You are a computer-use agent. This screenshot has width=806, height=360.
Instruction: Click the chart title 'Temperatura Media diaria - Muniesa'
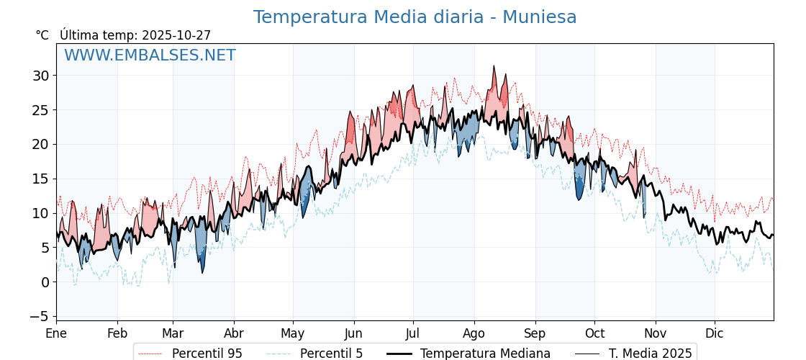click(x=415, y=17)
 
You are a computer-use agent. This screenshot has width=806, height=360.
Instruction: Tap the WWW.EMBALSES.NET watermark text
click(x=150, y=55)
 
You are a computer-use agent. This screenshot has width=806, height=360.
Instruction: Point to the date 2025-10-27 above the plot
click(x=176, y=35)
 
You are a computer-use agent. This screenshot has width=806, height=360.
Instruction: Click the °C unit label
click(x=42, y=35)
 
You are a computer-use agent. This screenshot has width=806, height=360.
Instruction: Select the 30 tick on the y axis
click(x=40, y=76)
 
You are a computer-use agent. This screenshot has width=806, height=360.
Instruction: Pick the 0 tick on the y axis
click(x=45, y=282)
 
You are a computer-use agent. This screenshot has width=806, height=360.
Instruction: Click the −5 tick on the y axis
click(x=40, y=317)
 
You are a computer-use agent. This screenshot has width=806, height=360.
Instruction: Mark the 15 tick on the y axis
click(x=40, y=179)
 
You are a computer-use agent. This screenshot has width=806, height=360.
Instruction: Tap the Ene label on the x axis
click(x=56, y=333)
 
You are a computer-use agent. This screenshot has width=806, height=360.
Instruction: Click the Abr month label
click(x=234, y=333)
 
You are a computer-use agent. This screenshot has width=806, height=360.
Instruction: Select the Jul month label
click(x=413, y=333)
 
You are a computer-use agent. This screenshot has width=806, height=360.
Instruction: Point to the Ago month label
click(x=474, y=333)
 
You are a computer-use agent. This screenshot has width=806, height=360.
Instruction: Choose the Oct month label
click(x=594, y=333)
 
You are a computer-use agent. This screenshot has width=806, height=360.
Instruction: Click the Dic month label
click(x=715, y=333)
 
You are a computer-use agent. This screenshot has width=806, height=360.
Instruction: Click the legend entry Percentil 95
click(x=207, y=354)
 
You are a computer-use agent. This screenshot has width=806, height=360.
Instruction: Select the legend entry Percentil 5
click(x=331, y=354)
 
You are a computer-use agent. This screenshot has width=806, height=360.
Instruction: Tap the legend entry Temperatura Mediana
click(x=485, y=354)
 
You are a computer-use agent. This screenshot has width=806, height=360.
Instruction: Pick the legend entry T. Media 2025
click(x=650, y=354)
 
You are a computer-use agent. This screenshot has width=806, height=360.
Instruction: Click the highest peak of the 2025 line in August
click(x=494, y=66)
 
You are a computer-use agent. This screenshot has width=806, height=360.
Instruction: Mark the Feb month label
click(x=117, y=333)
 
